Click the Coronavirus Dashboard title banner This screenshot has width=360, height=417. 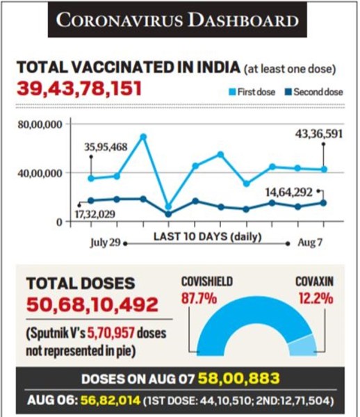point(177,20)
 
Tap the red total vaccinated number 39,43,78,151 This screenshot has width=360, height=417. point(79,88)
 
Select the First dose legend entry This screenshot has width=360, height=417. point(252,92)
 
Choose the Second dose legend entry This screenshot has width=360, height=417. point(313,92)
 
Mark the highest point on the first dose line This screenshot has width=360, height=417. point(143,137)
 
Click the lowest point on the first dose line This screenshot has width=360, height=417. point(168,206)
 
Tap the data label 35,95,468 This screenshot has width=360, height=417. point(106,147)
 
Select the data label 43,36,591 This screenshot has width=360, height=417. point(319,134)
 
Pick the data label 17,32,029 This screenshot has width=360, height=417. point(95,214)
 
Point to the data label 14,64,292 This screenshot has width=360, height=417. point(289,192)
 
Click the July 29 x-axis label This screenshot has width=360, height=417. point(105,243)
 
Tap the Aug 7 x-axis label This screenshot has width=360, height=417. point(310,243)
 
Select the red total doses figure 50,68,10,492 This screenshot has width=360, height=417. point(92,304)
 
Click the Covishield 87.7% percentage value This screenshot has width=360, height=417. point(199,298)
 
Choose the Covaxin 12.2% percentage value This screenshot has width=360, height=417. point(316,298)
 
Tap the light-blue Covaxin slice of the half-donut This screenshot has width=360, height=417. point(303,345)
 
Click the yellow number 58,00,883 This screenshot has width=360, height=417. point(239,378)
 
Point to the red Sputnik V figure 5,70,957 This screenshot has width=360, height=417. point(111,334)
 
